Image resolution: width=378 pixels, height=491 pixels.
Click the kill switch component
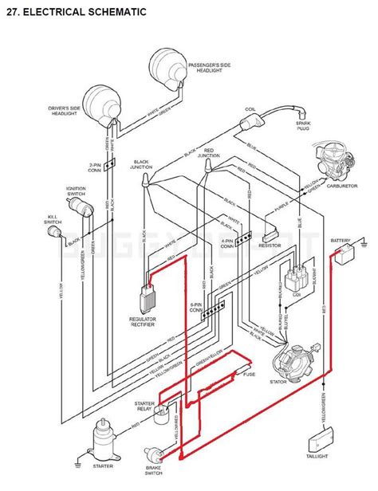(x=57, y=232)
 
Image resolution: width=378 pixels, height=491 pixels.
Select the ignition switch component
(x=78, y=206)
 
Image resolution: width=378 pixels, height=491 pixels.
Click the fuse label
(x=249, y=374)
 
